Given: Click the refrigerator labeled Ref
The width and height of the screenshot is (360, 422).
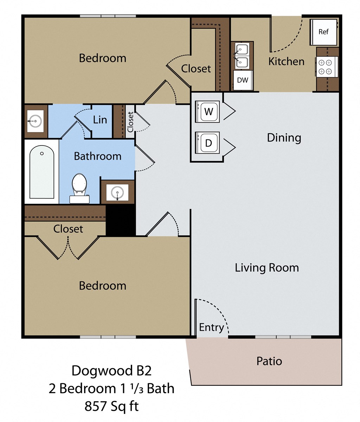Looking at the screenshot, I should point(323,32).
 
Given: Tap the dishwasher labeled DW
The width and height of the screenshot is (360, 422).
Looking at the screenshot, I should point(243,80).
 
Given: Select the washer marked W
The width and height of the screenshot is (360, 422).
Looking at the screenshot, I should point(208,112).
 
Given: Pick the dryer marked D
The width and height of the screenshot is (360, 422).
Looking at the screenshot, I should point(208,143).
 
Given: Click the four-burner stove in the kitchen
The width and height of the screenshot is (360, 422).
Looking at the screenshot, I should point(325,67).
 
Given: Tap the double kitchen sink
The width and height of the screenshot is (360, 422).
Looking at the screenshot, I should point(242,56).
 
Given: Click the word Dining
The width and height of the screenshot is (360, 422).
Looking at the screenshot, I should point(284,137).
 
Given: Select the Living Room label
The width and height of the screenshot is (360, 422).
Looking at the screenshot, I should point(267,268).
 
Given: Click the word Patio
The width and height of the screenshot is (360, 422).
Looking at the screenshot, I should point(269,361).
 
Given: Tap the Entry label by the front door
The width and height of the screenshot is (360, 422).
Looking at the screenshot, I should point(211,327).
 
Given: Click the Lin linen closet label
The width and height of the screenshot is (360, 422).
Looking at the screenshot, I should point(100,120).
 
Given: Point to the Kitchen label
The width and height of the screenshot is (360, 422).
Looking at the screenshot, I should point(286,61).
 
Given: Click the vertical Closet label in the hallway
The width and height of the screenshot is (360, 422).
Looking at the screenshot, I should point(130,122).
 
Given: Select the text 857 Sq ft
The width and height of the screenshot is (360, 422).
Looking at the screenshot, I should point(111,406).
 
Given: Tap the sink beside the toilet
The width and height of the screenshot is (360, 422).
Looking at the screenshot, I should point(117,192).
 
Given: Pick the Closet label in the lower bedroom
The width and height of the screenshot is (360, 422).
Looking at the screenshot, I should point(68,229).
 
